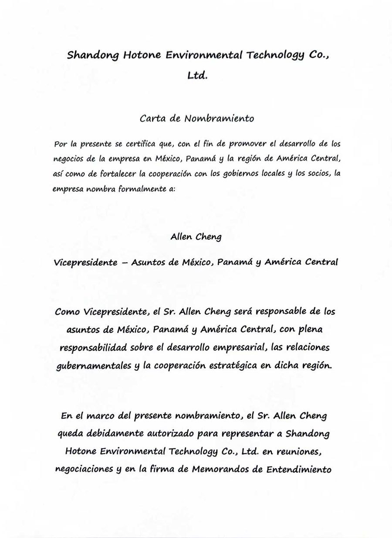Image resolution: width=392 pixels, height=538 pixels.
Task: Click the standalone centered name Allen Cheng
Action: (196, 237)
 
